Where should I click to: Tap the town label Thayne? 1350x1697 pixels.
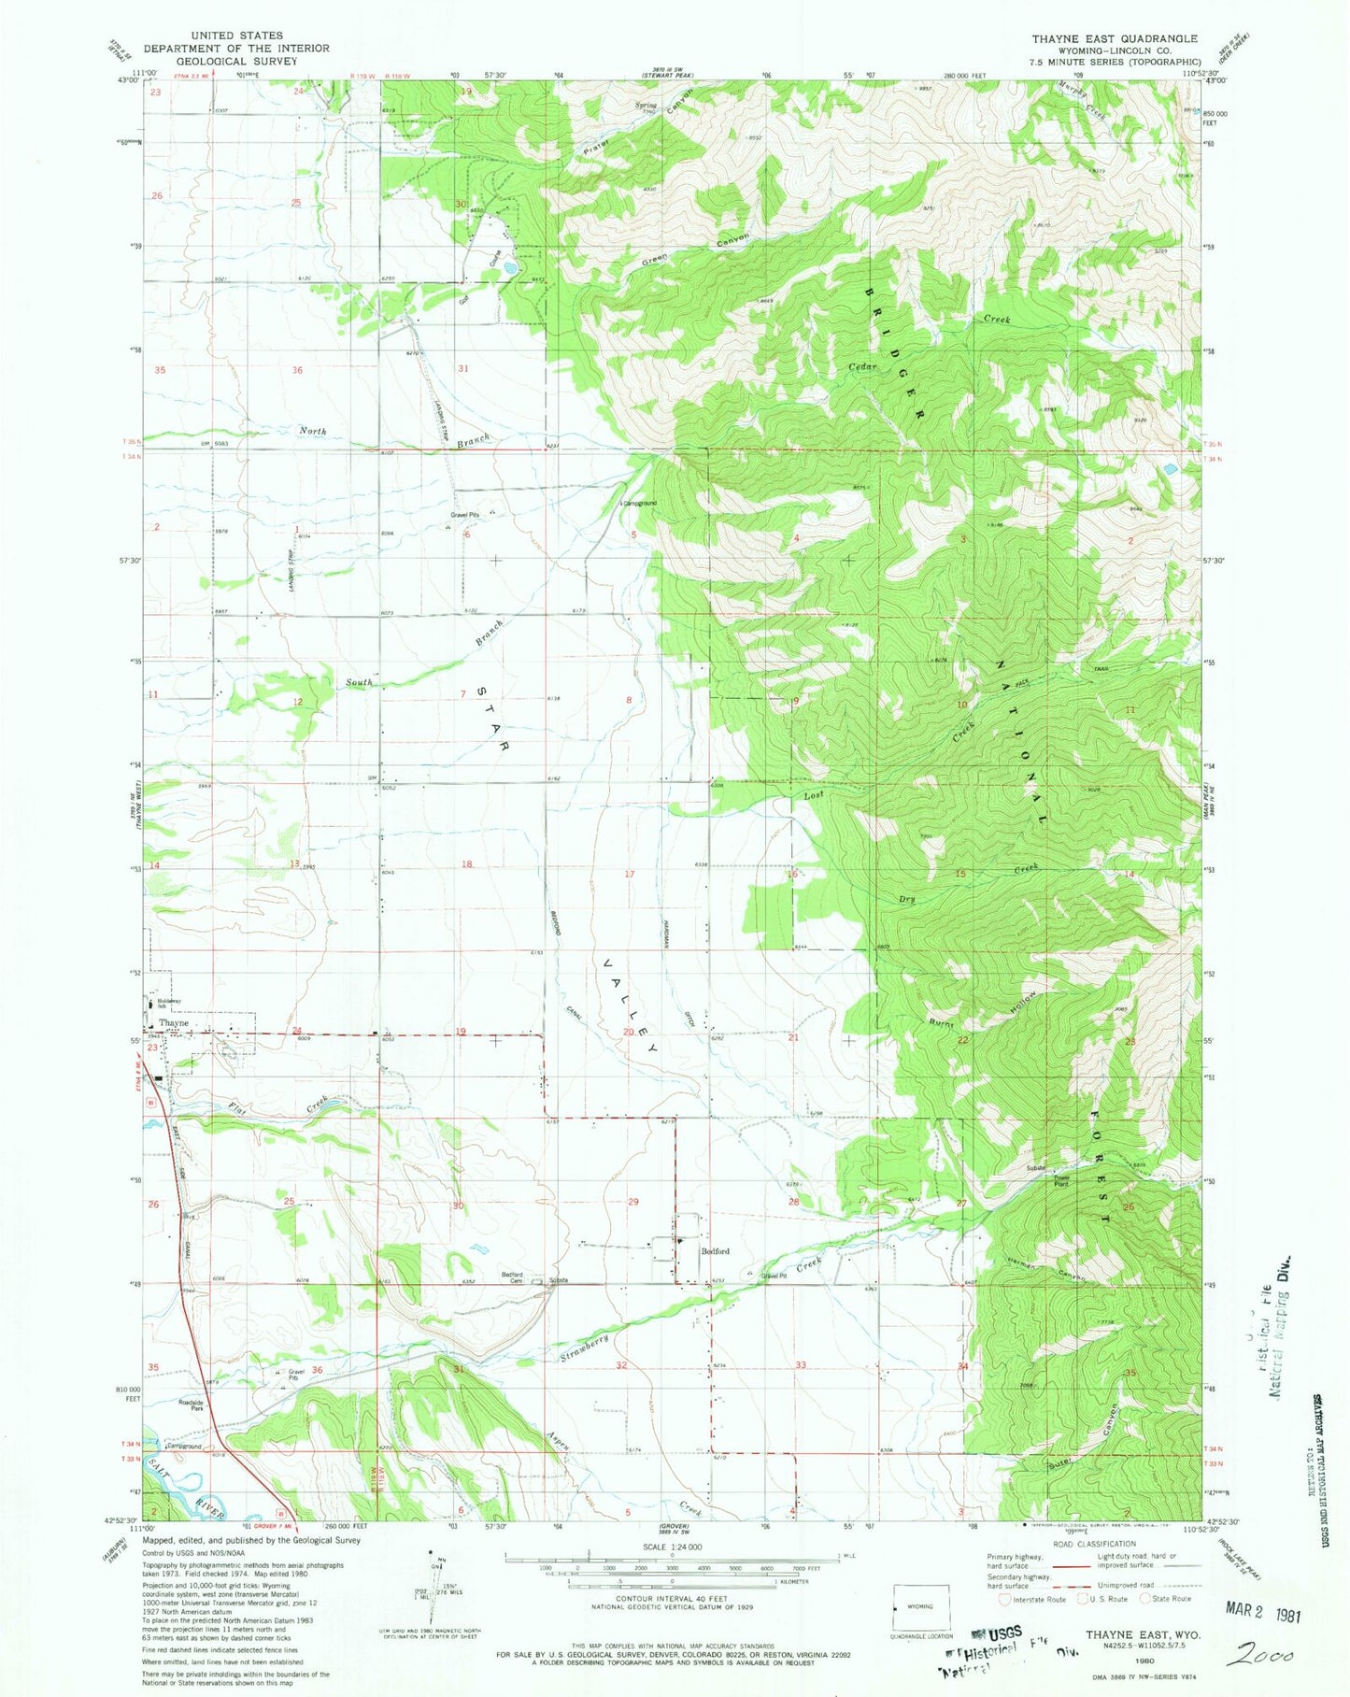[173, 1023]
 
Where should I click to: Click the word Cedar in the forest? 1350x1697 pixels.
[863, 367]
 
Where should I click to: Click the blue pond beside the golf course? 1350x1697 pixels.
[508, 267]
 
